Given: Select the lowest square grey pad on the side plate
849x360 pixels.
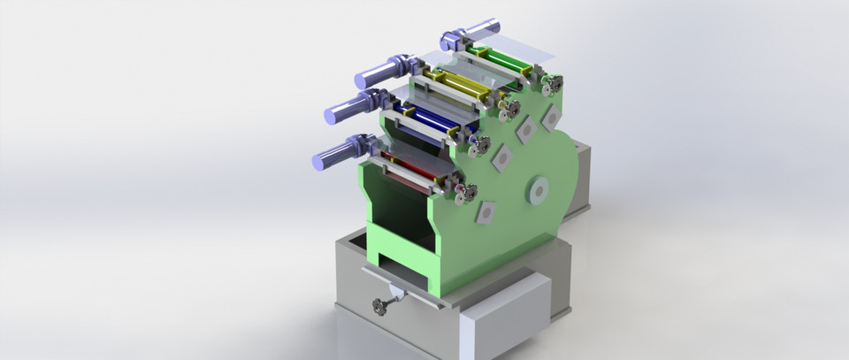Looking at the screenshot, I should (485, 211).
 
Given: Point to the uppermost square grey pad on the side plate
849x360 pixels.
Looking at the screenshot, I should (551, 117).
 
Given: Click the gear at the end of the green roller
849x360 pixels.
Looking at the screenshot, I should (552, 85).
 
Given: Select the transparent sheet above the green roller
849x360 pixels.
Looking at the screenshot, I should (522, 45).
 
